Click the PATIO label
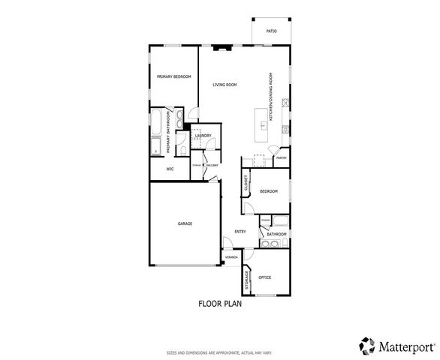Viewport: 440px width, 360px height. pyautogui.click(x=271, y=31)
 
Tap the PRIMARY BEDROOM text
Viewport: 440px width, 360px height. pyautogui.click(x=173, y=77)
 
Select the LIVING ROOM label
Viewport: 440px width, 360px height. pyautogui.click(x=225, y=85)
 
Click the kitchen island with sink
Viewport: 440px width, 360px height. pyautogui.click(x=264, y=124)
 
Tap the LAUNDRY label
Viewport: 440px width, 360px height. pyautogui.click(x=203, y=136)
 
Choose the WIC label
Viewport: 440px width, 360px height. pyautogui.click(x=160, y=169)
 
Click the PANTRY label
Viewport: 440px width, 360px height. pyautogui.click(x=282, y=158)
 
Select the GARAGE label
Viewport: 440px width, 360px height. pyautogui.click(x=185, y=223)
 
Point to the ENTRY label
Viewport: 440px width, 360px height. pyautogui.click(x=240, y=232)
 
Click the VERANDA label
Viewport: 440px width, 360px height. pyautogui.click(x=232, y=257)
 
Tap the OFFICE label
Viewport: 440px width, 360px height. pyautogui.click(x=264, y=277)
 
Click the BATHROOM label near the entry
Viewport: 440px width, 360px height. pyautogui.click(x=276, y=235)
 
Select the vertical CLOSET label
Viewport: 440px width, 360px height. pyautogui.click(x=246, y=183)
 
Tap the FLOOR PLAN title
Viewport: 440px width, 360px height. pyautogui.click(x=219, y=304)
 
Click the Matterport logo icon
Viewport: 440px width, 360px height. pyautogui.click(x=367, y=346)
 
